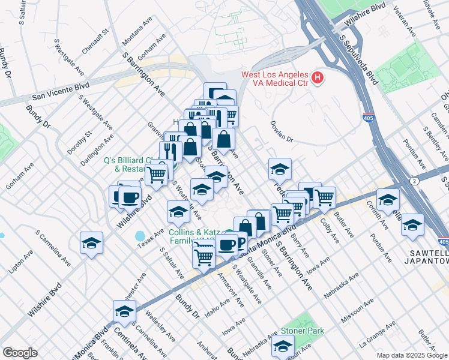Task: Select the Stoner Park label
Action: [305, 331]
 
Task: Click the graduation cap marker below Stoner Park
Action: [283, 346]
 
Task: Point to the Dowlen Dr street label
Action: [281, 133]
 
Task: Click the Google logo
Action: [20, 353]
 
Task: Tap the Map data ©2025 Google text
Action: [411, 355]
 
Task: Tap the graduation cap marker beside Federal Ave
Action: [280, 169]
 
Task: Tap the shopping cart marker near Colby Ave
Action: [324, 197]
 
